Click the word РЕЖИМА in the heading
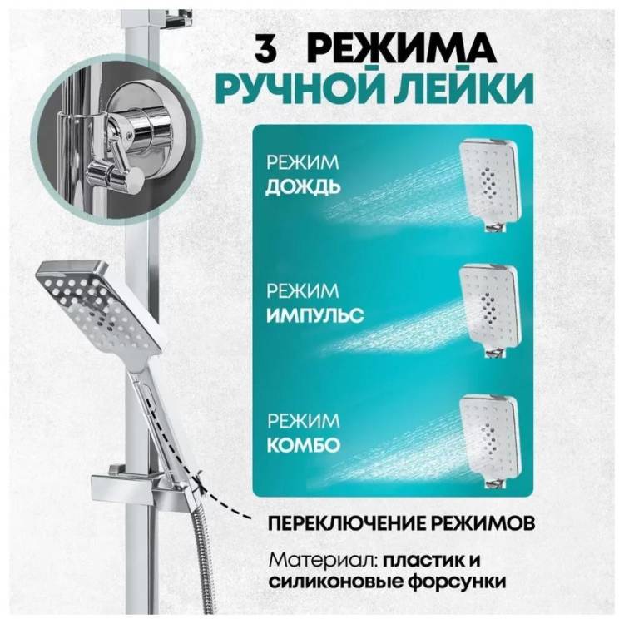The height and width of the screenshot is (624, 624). click(x=401, y=49)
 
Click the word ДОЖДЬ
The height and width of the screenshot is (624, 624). click(x=303, y=187)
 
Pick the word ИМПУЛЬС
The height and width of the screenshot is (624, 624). click(x=314, y=315)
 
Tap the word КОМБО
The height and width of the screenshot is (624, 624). click(x=303, y=445)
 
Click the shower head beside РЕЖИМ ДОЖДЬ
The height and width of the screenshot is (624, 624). click(x=488, y=185)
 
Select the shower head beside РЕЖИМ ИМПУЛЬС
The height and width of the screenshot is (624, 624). click(x=488, y=310)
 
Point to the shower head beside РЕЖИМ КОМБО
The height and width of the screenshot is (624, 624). click(x=488, y=442)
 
